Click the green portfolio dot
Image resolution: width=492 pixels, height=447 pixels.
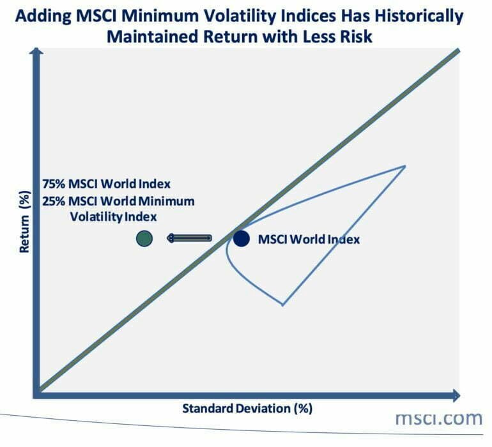(x=144, y=238)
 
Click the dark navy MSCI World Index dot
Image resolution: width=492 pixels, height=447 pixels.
(x=241, y=238)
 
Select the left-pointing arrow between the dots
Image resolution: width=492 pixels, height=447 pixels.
(x=189, y=238)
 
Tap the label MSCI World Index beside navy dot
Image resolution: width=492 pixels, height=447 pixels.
(x=309, y=239)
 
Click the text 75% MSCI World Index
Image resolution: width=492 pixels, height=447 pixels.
(x=107, y=184)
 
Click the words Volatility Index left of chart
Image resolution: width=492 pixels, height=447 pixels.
(x=112, y=216)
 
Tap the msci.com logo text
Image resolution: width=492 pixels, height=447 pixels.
(x=438, y=419)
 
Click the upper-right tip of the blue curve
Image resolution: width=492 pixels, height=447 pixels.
(x=405, y=166)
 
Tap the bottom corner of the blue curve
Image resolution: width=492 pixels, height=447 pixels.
(x=282, y=305)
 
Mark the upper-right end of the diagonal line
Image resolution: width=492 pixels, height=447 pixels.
(x=456, y=50)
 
